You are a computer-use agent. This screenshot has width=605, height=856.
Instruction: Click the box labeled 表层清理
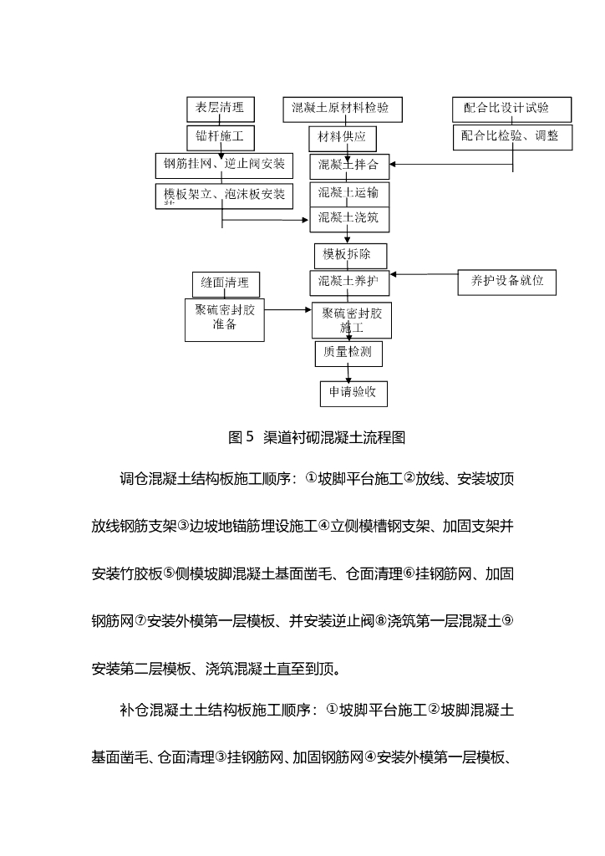coord(220,109)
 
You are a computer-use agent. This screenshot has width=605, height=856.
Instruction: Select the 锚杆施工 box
coord(220,136)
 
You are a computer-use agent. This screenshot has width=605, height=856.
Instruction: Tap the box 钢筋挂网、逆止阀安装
coord(223,165)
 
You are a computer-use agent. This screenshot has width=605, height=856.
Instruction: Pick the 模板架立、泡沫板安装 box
coord(223,196)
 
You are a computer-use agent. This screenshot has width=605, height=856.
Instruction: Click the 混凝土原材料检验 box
coord(341,109)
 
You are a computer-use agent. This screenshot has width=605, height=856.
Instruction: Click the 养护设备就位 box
coord(506,282)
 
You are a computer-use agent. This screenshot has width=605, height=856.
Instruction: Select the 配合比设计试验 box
coord(512,109)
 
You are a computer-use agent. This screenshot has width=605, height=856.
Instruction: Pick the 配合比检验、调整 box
coord(512,136)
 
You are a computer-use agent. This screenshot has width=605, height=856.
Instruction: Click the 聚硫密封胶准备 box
coord(224,318)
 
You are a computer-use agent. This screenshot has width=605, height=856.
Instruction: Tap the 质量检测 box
coord(348,354)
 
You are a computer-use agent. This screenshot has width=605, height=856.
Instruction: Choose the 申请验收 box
coord(353,392)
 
